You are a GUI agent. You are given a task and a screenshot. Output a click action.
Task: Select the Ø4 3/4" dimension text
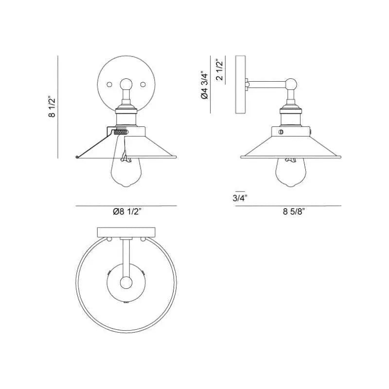[205, 86]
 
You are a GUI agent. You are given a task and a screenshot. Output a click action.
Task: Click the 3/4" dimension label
[240, 198]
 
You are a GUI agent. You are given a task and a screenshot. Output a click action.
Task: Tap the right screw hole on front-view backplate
[143, 84]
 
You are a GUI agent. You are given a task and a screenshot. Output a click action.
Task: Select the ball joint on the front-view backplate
[126, 84]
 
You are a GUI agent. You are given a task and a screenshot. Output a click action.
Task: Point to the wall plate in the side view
[241, 85]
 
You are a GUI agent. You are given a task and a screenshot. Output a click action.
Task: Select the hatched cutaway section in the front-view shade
[121, 131]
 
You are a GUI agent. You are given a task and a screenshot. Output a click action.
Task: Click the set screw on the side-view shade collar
[280, 132]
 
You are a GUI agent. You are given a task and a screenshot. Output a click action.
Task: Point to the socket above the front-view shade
[126, 117]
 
